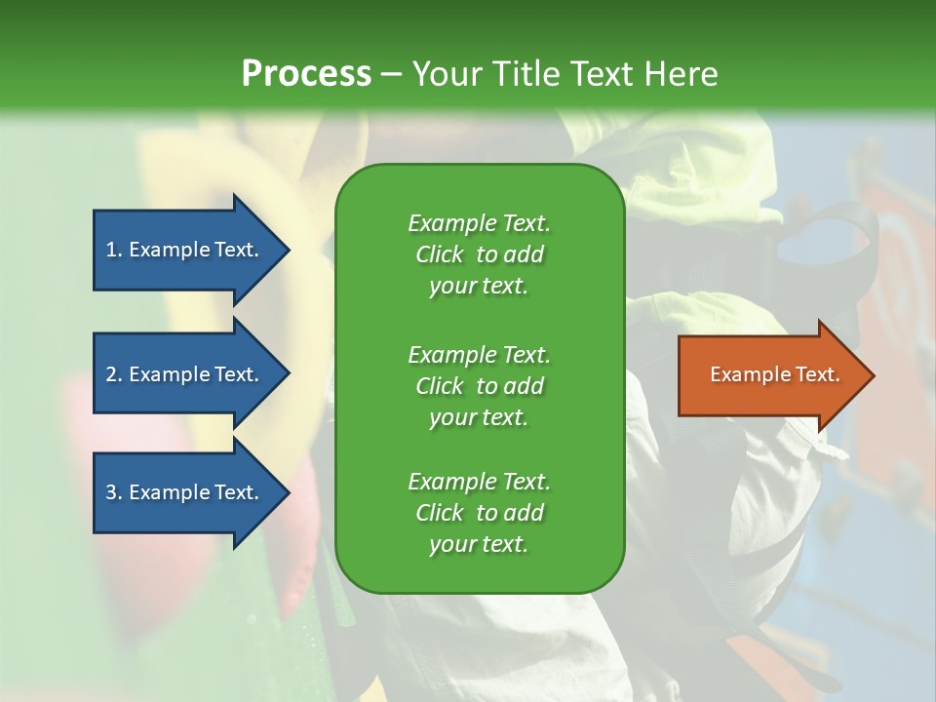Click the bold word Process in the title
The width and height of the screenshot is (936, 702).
306,74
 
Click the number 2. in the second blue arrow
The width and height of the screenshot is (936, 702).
114,374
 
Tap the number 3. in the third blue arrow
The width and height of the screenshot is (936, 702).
114,492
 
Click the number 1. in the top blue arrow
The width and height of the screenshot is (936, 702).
114,250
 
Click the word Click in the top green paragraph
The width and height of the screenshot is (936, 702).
440,254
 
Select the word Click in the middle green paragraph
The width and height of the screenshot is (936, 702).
440,386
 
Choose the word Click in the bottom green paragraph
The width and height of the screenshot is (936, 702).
440,513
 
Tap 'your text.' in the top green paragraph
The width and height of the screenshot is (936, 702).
479,287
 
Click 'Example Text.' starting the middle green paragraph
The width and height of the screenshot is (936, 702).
479,354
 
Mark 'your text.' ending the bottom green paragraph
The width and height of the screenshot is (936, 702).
479,545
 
